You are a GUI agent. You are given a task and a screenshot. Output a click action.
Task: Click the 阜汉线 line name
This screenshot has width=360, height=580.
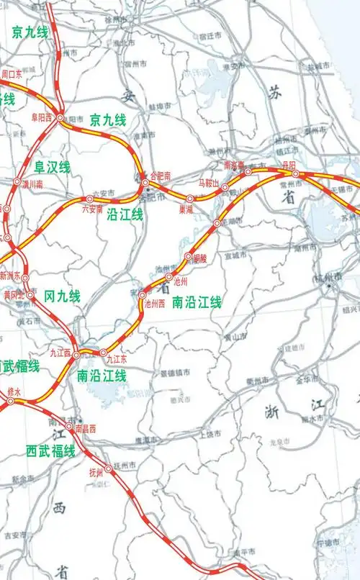coord(53,168)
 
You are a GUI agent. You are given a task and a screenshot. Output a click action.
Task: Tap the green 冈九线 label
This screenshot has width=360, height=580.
coord(63,296)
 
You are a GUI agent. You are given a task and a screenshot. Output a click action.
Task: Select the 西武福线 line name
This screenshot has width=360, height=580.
coord(50,451)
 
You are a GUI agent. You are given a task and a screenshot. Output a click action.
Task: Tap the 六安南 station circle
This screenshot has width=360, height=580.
coord(90,199)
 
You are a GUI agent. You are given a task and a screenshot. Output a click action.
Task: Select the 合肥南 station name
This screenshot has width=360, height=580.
coord(159,175)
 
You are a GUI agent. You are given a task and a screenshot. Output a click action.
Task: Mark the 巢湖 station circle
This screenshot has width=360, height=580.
coord(190,199)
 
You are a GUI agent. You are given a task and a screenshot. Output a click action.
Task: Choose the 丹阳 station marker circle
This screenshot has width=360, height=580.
coord(295,173)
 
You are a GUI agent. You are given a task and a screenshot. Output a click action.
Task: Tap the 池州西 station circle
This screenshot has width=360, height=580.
coord(142,295)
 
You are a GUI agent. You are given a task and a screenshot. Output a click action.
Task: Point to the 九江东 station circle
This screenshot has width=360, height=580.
coord(103,352)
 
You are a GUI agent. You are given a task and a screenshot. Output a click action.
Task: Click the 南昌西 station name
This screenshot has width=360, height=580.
coord(85,429)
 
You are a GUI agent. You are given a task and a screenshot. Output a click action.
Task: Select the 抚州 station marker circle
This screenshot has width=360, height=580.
coord(109,468)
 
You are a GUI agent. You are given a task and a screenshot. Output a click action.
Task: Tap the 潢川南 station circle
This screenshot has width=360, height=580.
coord(17,182)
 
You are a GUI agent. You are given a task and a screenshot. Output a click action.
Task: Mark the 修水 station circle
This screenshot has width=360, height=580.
coord(11,402)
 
